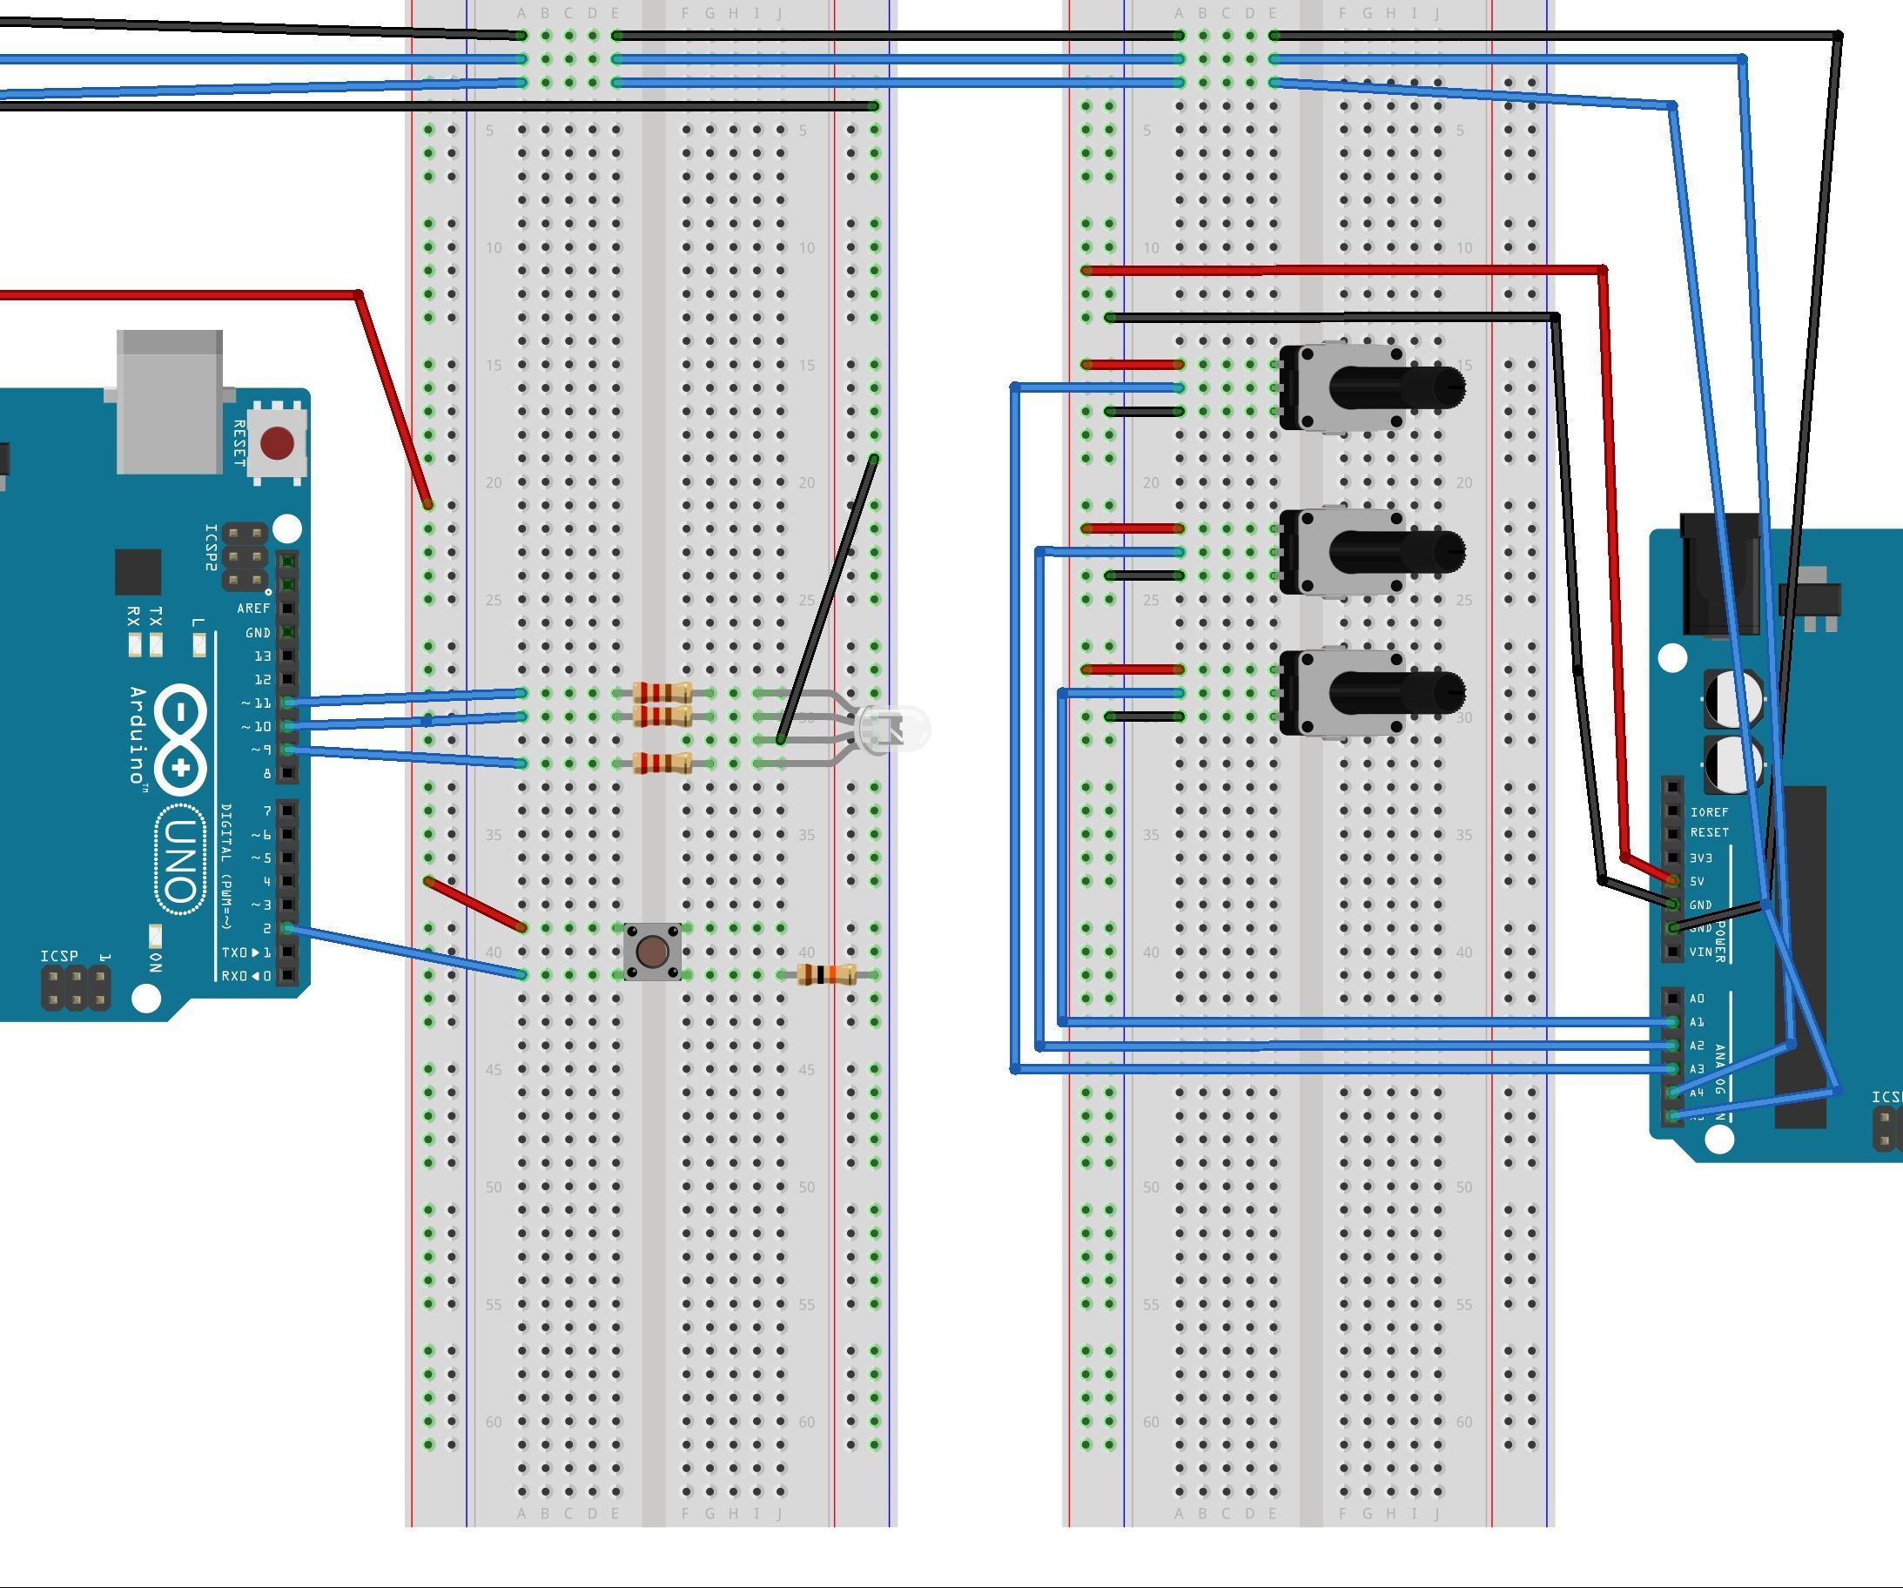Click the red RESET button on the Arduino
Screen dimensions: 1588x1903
tap(276, 443)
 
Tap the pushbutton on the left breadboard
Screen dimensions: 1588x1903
tap(652, 952)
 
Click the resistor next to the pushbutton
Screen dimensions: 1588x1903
tap(826, 975)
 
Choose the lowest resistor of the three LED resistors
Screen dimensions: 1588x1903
tap(662, 764)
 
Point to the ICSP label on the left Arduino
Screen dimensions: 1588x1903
tap(59, 956)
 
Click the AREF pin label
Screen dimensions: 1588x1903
tap(252, 609)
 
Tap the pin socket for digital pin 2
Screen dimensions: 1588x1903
tap(287, 928)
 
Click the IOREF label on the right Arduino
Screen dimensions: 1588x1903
tap(1709, 812)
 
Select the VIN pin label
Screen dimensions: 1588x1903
tap(1700, 952)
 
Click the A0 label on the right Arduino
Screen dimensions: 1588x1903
tap(1697, 999)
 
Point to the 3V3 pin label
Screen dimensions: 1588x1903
tap(1701, 858)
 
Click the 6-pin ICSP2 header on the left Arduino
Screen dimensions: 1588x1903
tap(245, 555)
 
